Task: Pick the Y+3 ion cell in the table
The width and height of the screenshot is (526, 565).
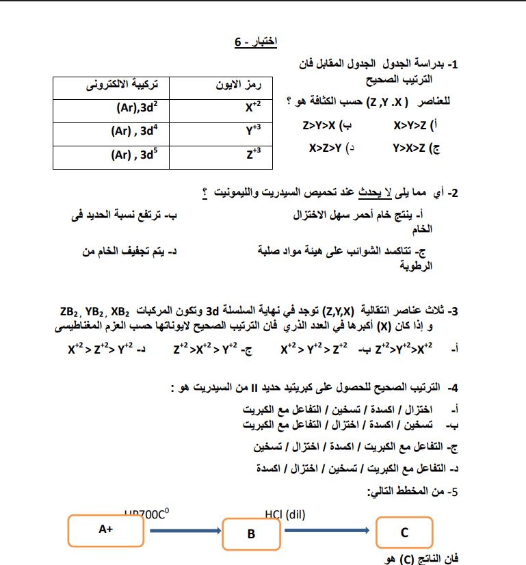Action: (x=253, y=130)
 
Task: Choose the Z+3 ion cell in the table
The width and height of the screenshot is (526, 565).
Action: (x=253, y=153)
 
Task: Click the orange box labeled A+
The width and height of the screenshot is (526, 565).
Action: (x=105, y=529)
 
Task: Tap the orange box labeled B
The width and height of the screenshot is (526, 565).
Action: (x=251, y=534)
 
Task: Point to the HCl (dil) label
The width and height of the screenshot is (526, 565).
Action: (x=285, y=514)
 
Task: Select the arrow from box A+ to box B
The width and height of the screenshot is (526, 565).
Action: (x=183, y=530)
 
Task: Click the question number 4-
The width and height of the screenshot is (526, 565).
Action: (x=451, y=388)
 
